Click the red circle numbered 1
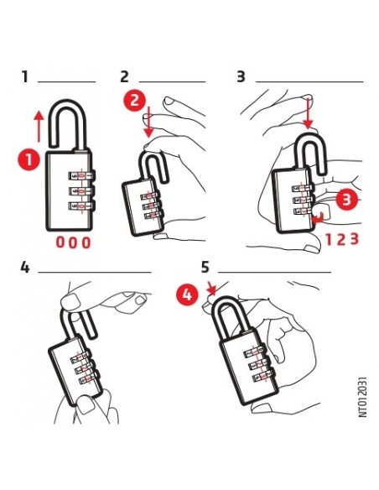[29, 160]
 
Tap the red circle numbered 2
[134, 101]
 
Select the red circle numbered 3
[346, 200]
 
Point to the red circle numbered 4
[187, 295]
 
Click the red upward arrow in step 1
[39, 126]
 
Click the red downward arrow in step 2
[149, 122]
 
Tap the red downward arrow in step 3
[308, 113]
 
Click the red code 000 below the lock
[73, 242]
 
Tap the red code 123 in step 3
[342, 239]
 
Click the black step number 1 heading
[25, 77]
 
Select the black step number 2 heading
[124, 77]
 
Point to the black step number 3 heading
[241, 77]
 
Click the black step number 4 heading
[25, 268]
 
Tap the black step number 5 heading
[205, 268]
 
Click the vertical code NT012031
[362, 397]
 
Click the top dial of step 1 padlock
[80, 175]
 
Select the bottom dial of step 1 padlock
[80, 206]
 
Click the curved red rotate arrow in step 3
[318, 218]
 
